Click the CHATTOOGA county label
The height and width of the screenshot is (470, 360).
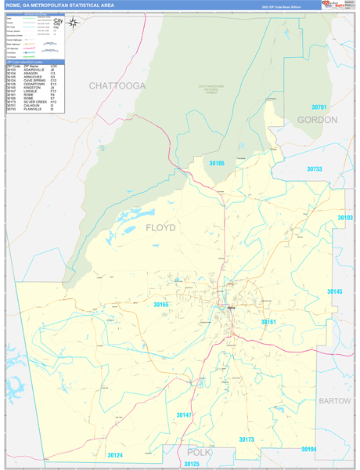[x=117, y=85]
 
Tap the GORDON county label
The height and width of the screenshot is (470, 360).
[x=317, y=120]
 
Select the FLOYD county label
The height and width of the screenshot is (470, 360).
[x=161, y=228]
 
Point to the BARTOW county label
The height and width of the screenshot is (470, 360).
[x=336, y=400]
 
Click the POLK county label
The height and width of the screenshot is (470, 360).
[x=200, y=453]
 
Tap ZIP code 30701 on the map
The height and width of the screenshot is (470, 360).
[x=319, y=107]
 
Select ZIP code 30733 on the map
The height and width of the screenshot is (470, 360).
[x=315, y=168]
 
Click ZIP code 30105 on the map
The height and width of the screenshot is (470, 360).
[x=217, y=163]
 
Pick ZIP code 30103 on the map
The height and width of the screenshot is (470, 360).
[x=345, y=218]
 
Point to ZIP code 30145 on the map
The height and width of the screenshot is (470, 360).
[x=334, y=291]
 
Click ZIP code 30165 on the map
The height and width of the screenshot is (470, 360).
[x=161, y=304]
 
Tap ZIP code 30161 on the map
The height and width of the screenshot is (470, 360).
[x=268, y=321]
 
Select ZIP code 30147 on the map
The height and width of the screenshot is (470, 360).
[x=184, y=414]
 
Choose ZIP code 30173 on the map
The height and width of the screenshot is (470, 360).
[x=247, y=439]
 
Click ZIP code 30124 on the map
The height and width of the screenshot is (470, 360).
[x=116, y=455]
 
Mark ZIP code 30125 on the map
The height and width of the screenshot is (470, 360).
[x=192, y=465]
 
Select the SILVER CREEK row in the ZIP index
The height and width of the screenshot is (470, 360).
[x=36, y=102]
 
